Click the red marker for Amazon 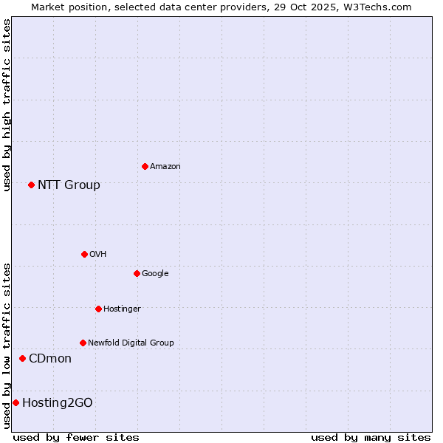click(145, 166)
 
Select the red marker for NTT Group click(31, 185)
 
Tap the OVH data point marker click(84, 254)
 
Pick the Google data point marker click(137, 273)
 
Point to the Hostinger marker click(98, 309)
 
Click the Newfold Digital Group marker click(83, 343)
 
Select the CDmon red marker click(22, 358)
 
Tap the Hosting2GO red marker click(16, 402)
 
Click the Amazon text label click(165, 166)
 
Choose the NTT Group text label click(69, 185)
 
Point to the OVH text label click(97, 254)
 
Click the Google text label click(155, 273)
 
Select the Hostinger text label click(122, 309)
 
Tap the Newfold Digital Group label click(131, 343)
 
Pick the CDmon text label click(50, 358)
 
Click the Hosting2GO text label click(58, 402)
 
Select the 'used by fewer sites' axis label click(76, 437)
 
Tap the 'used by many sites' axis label click(371, 437)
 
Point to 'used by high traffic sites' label click(7, 105)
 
